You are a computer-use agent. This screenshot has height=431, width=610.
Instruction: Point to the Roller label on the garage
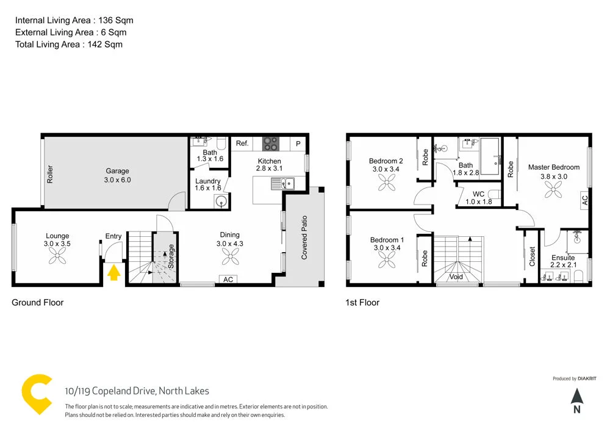coord(50,174)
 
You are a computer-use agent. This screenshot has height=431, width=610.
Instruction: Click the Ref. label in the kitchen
coord(242,143)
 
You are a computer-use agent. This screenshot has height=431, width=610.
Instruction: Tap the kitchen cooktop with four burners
coord(271,143)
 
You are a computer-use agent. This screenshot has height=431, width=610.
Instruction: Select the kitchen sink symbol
coord(284,182)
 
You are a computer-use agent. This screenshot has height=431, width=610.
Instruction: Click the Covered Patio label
coord(304,237)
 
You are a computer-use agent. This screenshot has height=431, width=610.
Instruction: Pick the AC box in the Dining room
coord(228,280)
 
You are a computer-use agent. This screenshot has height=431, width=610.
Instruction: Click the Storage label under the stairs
coord(171,257)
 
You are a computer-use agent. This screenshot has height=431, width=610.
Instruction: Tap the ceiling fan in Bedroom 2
coord(386,181)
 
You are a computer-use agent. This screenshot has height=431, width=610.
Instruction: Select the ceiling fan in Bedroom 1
coord(386,261)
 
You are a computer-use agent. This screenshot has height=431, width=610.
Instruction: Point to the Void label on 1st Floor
coord(456,277)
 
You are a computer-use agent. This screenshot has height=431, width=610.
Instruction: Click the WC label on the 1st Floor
coord(478,194)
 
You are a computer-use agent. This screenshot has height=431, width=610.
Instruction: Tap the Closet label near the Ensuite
coord(532,256)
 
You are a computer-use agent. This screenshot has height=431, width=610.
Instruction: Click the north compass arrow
coord(577,397)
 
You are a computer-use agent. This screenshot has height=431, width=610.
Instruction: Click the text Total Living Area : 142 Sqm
coord(69,44)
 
